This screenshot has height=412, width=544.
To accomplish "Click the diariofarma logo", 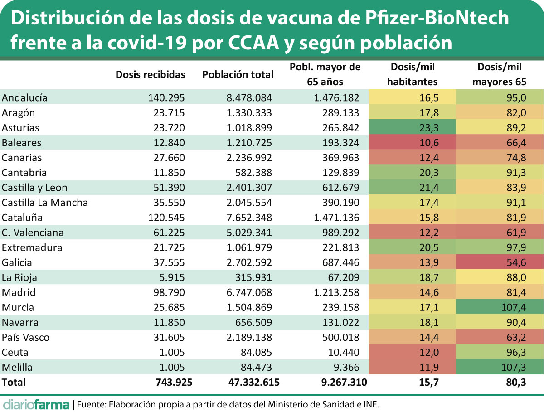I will click(x=36, y=403).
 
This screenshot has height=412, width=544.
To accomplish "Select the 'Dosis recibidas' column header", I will click(x=150, y=75).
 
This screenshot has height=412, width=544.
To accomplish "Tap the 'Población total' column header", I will click(x=238, y=75).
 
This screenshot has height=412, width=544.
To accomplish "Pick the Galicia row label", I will click(x=17, y=262).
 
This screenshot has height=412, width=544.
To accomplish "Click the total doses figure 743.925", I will click(x=173, y=383).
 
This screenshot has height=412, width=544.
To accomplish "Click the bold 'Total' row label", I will click(x=14, y=383).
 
